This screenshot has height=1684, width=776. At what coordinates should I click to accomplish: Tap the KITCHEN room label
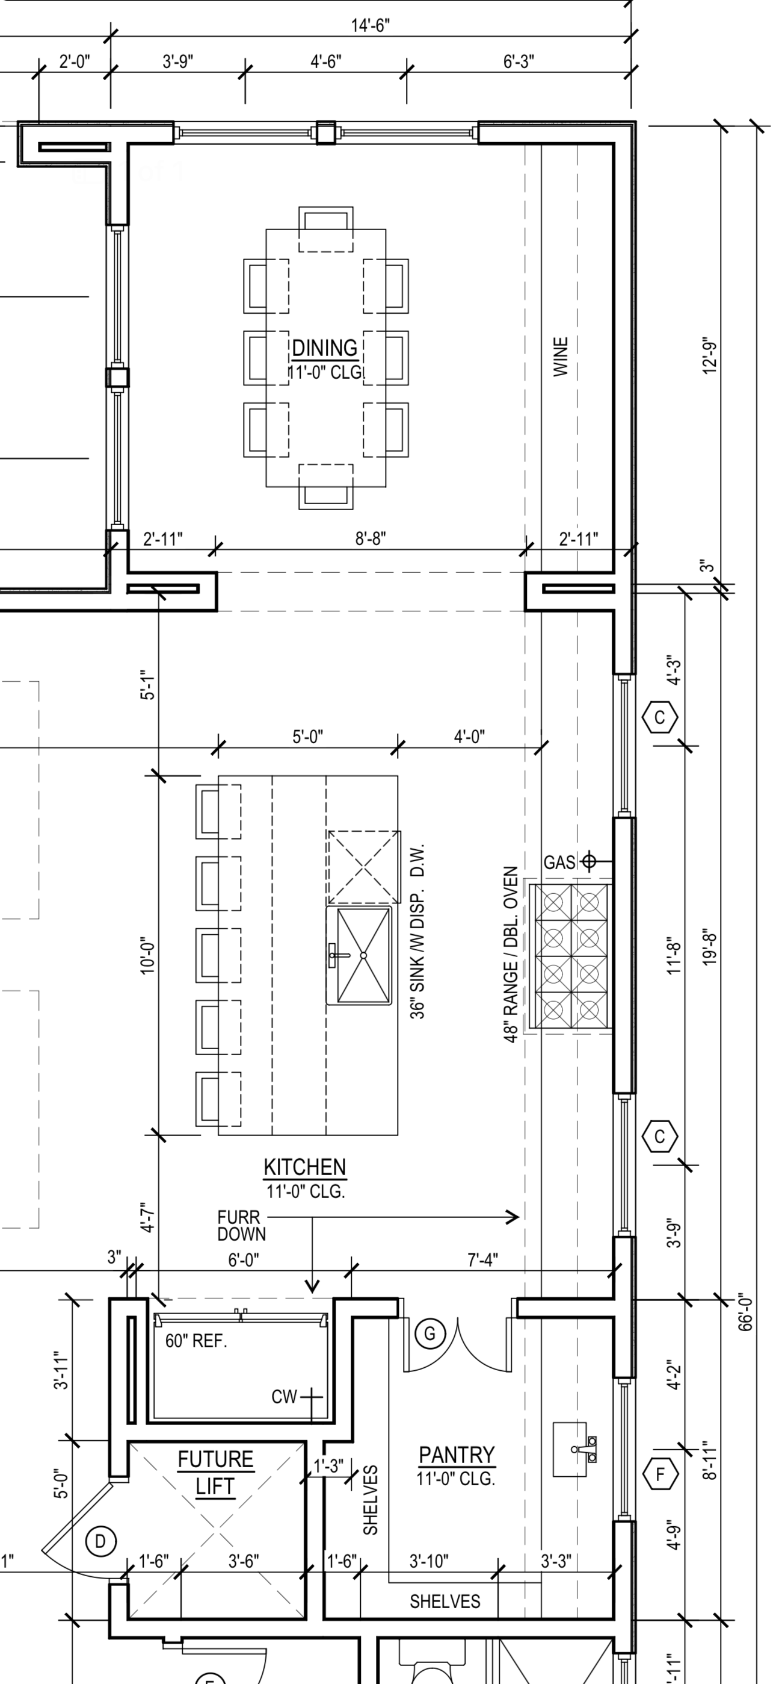(x=304, y=1167)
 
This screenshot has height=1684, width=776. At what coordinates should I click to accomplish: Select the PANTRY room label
(x=457, y=1455)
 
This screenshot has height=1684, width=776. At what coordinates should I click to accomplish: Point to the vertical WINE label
(x=561, y=357)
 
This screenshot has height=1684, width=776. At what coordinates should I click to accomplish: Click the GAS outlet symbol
(x=588, y=862)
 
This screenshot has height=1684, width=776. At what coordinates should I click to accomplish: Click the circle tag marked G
(x=430, y=1333)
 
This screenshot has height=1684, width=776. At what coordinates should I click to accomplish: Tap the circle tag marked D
(x=100, y=1541)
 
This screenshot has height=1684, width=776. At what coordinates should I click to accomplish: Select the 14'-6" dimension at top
(x=371, y=25)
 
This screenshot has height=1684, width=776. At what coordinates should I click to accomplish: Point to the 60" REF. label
(x=196, y=1341)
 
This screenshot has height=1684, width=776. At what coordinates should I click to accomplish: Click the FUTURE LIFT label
(x=215, y=1473)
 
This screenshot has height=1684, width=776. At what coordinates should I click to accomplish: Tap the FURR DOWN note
(x=241, y=1226)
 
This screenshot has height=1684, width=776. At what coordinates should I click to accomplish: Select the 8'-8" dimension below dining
(x=371, y=538)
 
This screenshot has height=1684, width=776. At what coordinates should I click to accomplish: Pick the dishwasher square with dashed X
(x=364, y=867)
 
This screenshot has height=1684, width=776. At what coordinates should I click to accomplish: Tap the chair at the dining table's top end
(x=326, y=229)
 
